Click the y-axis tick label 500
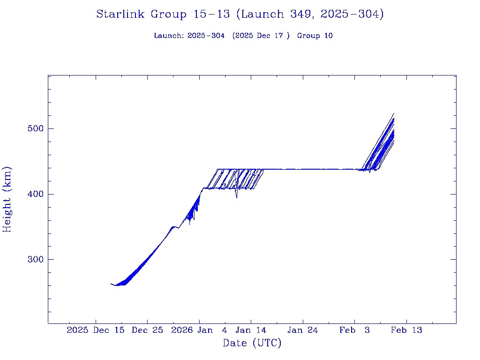tap(32, 129)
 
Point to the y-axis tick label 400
tap(32, 194)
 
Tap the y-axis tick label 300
tap(32, 260)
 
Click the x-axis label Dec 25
tap(147, 330)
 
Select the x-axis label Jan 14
tap(251, 330)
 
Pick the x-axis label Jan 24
tap(302, 330)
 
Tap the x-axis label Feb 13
tap(406, 330)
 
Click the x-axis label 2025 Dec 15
tap(96, 330)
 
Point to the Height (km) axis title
tap(7, 199)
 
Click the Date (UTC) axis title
tap(252, 344)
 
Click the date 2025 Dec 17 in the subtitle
tap(261, 36)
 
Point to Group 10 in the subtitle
tap(315, 36)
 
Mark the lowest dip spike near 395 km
tap(237, 197)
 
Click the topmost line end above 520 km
tap(394, 113)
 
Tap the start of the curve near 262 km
tap(111, 284)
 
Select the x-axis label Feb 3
tap(355, 330)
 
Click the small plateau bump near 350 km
tap(174, 227)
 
